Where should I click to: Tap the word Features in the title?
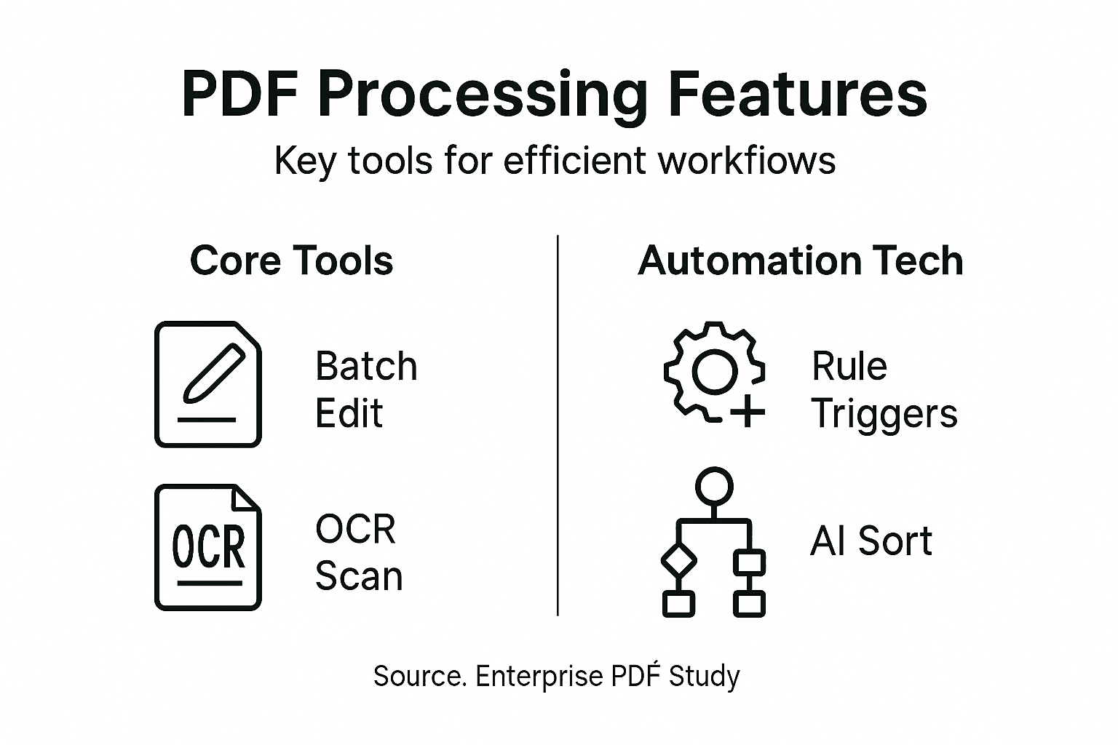point(798,95)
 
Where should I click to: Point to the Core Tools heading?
point(291,260)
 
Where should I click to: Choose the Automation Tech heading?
point(800,260)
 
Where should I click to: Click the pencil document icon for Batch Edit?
point(208,383)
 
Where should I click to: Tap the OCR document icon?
point(208,547)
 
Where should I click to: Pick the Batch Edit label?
point(366,389)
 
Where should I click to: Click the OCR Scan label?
point(358,552)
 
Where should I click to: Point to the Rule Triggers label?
point(884,389)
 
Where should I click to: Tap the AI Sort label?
point(871,541)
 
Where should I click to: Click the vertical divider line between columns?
point(558,426)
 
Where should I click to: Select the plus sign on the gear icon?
point(748,414)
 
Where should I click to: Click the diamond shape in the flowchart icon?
point(678,560)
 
